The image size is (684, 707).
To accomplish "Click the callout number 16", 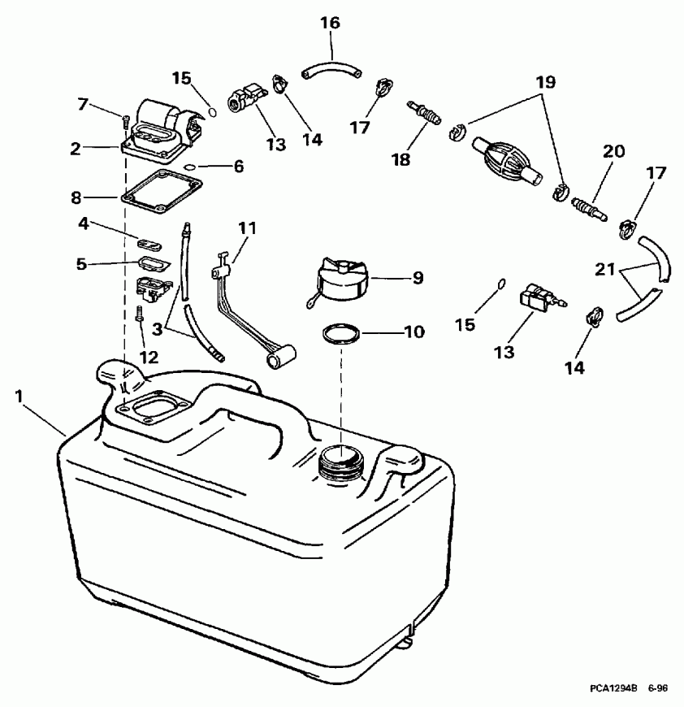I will pos(330,23).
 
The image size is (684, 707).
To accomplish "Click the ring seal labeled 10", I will pos(340,334).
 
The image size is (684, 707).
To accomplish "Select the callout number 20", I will pos(613,152).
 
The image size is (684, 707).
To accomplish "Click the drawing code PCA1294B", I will pos(617,688).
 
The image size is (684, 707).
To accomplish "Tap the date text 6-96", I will pos(658,688).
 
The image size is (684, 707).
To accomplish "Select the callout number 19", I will pos(544,82).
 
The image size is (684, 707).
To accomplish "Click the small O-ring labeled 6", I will pos(189,167).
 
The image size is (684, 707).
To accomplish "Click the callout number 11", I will pos(246,228).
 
